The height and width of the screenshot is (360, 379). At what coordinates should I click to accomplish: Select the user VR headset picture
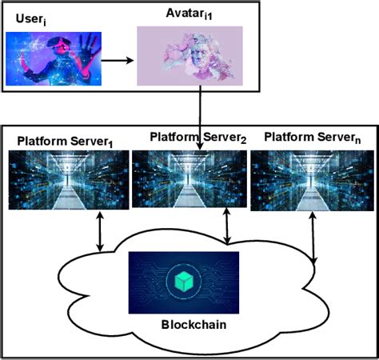54,58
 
